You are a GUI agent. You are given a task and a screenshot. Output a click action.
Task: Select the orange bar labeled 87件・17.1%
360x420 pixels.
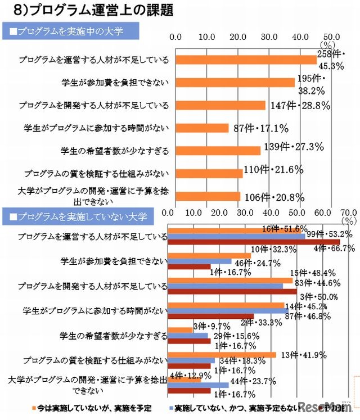point(202,128)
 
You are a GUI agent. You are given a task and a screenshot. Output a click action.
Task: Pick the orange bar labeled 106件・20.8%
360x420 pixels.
point(208,196)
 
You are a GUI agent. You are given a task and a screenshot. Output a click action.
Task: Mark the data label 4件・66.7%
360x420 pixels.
point(334,247)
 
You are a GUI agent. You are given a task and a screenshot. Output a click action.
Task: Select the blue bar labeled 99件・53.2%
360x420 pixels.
point(236,236)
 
